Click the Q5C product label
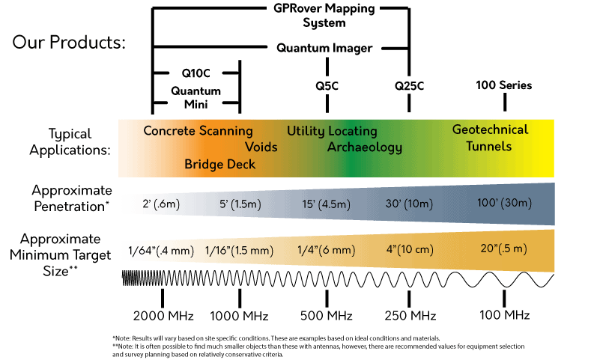click(327, 86)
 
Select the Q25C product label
click(409, 86)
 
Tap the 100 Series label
click(504, 85)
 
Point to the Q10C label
click(196, 73)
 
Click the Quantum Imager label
click(324, 48)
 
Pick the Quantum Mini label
click(196, 97)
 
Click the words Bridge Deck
click(219, 164)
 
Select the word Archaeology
click(365, 147)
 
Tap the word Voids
click(261, 147)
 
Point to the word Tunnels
click(489, 146)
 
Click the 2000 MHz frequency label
click(163, 316)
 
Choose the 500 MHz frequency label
click(327, 315)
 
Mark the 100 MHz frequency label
click(505, 314)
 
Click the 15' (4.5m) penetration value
click(327, 204)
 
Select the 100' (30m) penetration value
click(504, 203)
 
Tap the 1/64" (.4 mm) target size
click(161, 251)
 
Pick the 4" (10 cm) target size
click(410, 249)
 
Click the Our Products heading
click(69, 42)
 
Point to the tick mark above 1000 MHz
click(240, 299)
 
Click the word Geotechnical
click(490, 129)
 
